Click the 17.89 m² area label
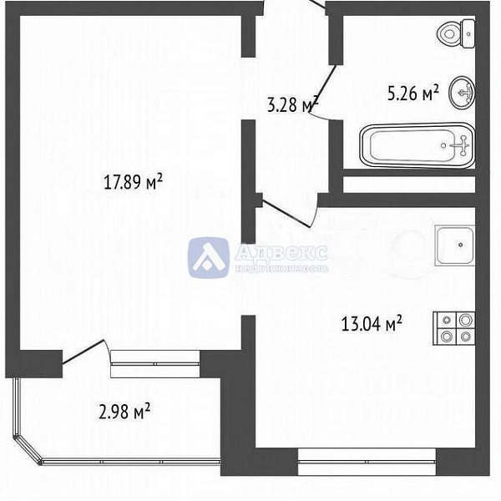(131, 181)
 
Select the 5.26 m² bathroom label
(412, 94)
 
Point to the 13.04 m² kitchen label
(372, 322)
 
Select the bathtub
(417, 146)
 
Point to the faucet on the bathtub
(458, 146)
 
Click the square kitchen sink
(455, 245)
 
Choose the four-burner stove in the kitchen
(454, 328)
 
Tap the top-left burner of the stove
(445, 320)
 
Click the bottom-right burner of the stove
(464, 337)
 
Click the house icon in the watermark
(208, 257)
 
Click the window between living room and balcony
(154, 358)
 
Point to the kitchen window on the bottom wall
(367, 458)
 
